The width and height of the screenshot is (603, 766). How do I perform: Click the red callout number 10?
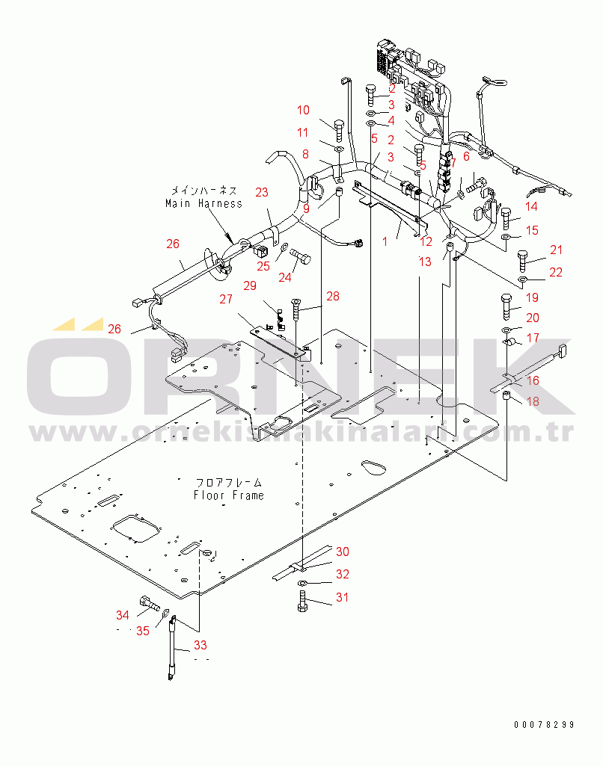(303, 111)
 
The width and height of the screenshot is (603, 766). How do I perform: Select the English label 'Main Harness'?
(203, 203)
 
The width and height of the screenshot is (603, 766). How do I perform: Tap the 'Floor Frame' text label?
(228, 495)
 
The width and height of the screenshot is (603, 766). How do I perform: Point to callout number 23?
(262, 193)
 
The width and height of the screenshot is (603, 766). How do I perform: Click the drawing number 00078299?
(544, 724)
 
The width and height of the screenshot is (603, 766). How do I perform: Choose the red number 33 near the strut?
(201, 645)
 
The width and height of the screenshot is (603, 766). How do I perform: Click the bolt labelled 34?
(150, 604)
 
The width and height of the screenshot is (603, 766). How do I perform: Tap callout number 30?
(343, 552)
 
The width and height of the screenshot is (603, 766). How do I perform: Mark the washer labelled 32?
(302, 583)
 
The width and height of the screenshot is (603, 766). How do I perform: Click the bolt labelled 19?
(506, 306)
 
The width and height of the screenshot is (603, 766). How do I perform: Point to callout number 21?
(557, 250)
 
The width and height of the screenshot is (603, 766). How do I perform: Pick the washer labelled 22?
(522, 279)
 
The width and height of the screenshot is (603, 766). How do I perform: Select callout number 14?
(532, 207)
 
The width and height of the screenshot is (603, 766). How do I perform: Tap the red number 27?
(226, 299)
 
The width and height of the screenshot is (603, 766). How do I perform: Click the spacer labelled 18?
(506, 395)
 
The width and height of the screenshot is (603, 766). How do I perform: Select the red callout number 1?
(385, 241)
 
